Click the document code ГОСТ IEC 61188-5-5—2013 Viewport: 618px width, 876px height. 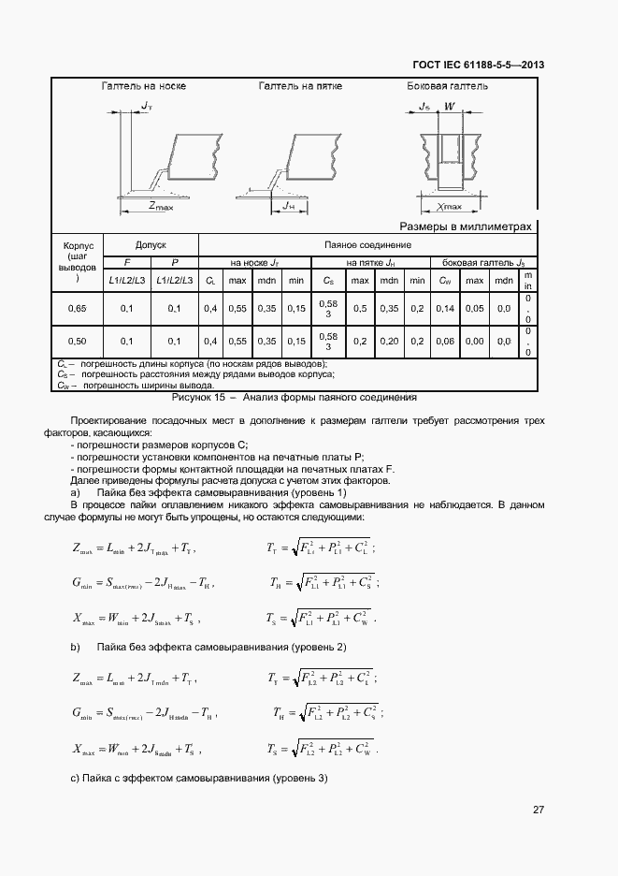(x=478, y=65)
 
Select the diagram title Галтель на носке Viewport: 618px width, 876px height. (x=143, y=86)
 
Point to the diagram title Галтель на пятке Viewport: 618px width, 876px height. (x=300, y=86)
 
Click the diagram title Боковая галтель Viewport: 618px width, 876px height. (x=447, y=86)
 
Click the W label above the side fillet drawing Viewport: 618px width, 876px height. (x=450, y=107)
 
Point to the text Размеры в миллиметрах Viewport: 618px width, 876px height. (x=465, y=226)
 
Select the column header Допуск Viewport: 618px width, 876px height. (x=150, y=244)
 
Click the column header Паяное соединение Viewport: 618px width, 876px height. (x=367, y=244)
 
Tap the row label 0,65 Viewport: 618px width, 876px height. (x=77, y=308)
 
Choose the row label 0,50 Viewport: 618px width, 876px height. (x=77, y=342)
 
